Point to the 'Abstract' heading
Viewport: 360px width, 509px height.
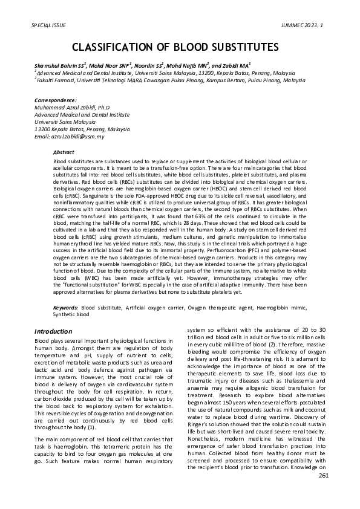pos(64,152)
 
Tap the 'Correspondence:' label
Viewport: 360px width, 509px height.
pos(56,100)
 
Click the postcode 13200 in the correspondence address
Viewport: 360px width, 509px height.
pos(42,129)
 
